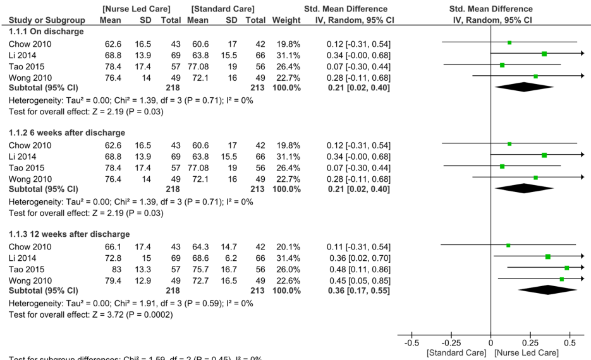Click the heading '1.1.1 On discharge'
[46, 31]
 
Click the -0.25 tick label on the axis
[450, 343]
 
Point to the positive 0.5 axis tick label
[570, 343]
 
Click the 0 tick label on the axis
[491, 343]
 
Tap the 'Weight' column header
[286, 20]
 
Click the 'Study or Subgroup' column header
[40, 20]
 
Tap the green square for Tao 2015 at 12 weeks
[567, 268]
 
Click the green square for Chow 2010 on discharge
[509, 42]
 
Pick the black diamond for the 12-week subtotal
[548, 289]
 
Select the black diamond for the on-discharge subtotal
[524, 87]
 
